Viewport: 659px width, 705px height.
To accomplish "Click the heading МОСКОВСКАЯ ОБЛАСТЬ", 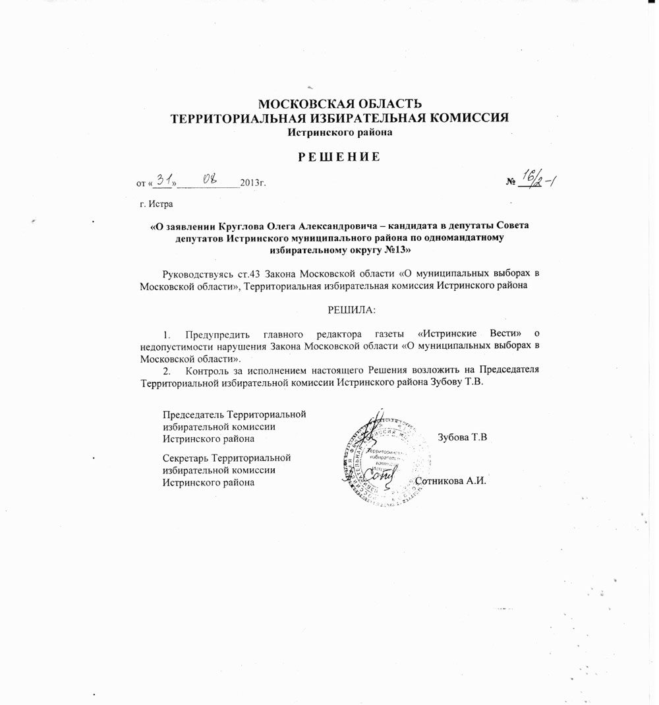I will [339, 104].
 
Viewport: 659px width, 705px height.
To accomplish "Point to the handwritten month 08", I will [210, 179].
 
